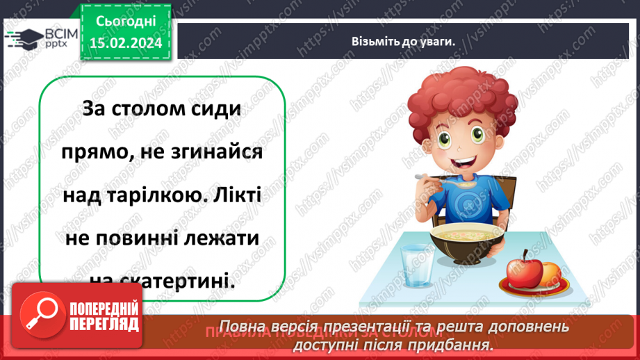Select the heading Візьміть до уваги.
tap(402, 41)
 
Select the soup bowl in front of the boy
tap(466, 243)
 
